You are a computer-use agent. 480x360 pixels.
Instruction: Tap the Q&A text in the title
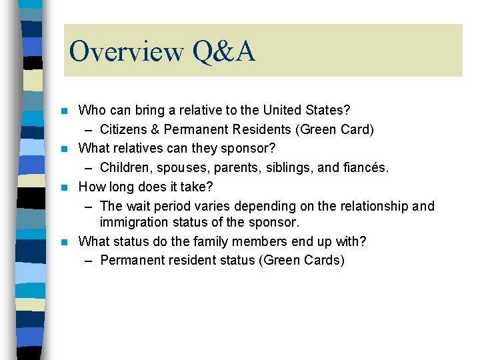[223, 51]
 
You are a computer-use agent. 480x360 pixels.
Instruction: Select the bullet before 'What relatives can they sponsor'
[64, 148]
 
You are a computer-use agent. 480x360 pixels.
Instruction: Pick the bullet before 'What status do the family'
[64, 241]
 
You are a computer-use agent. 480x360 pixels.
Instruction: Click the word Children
[125, 167]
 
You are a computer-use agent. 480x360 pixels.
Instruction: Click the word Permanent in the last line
[130, 260]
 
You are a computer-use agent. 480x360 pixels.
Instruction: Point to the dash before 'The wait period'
[89, 207]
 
